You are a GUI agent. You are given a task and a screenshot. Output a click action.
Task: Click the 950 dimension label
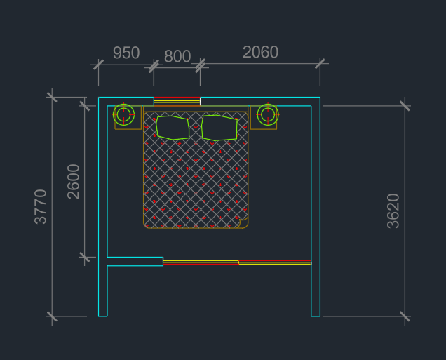click(126, 53)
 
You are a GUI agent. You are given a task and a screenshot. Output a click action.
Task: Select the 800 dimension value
click(177, 56)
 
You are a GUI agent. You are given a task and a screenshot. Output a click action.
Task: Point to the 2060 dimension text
click(260, 52)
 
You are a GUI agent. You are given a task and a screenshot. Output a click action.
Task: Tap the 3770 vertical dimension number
click(41, 206)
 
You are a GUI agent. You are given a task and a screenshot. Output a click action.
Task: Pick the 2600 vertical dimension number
click(74, 182)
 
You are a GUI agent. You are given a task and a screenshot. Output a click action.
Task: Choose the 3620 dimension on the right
click(393, 211)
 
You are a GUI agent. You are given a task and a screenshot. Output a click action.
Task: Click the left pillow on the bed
click(173, 128)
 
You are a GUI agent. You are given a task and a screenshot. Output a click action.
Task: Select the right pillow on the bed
click(219, 128)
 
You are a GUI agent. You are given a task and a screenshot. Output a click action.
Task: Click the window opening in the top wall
click(177, 101)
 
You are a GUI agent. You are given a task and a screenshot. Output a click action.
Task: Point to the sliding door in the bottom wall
click(237, 262)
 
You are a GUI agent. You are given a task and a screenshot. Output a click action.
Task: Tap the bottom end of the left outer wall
click(102, 316)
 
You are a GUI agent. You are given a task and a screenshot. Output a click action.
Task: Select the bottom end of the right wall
click(316, 316)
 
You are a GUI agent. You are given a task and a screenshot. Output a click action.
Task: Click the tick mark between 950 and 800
click(154, 66)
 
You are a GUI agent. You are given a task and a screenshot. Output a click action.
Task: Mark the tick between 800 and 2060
click(201, 66)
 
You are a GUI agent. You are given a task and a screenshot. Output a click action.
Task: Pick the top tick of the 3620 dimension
click(405, 106)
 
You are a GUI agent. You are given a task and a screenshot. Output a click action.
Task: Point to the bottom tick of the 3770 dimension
click(52, 316)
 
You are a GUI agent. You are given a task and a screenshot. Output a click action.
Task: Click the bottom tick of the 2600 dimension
click(84, 257)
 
